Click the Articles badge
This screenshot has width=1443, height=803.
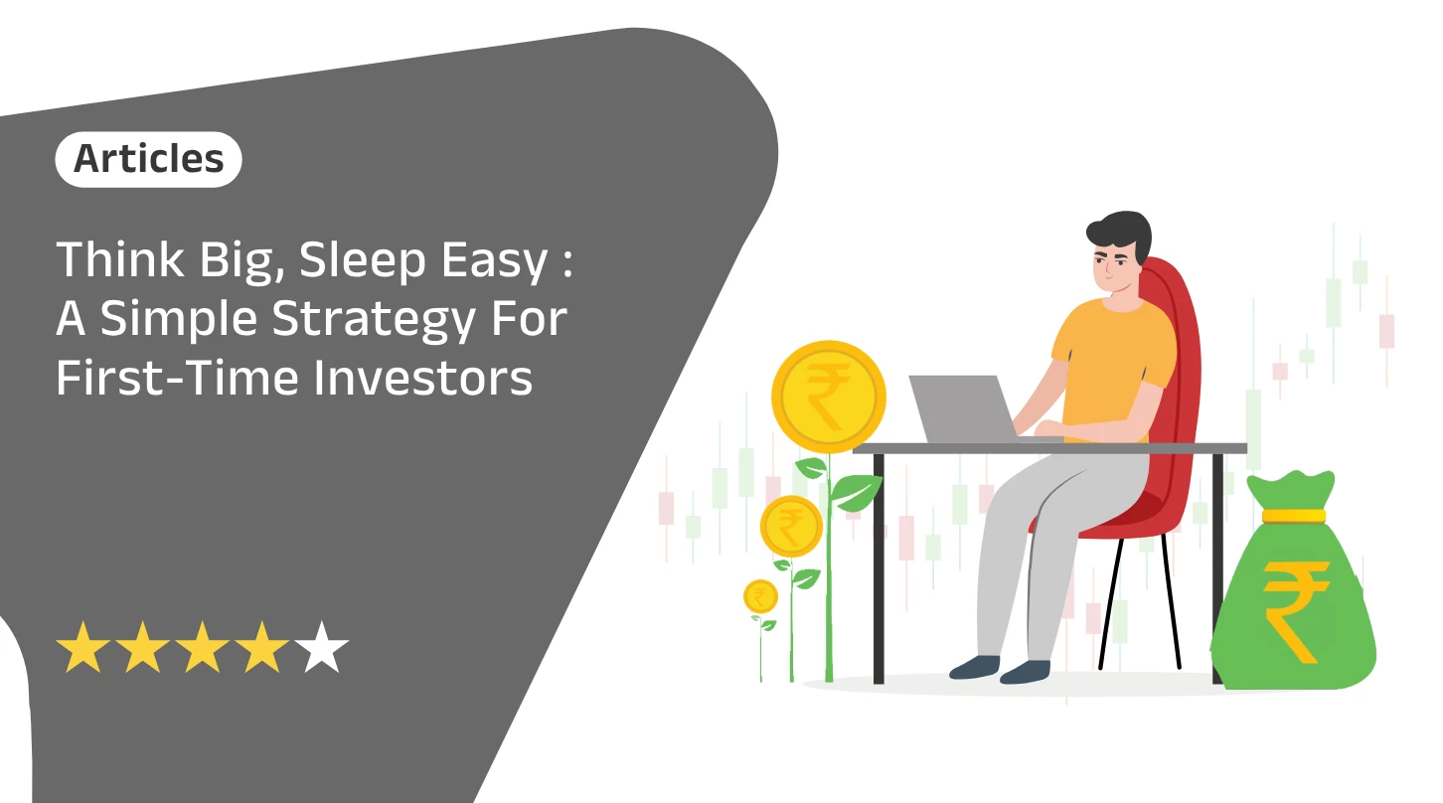point(148,159)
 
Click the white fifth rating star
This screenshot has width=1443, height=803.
point(322,648)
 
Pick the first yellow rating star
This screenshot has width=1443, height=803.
point(83,648)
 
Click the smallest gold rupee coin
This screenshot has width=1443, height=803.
point(760,596)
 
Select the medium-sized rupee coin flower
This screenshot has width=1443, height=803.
point(791,525)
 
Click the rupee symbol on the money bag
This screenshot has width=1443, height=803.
point(1296,608)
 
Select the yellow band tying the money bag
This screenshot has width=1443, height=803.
point(1292,516)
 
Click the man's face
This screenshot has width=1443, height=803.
point(1113,268)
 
